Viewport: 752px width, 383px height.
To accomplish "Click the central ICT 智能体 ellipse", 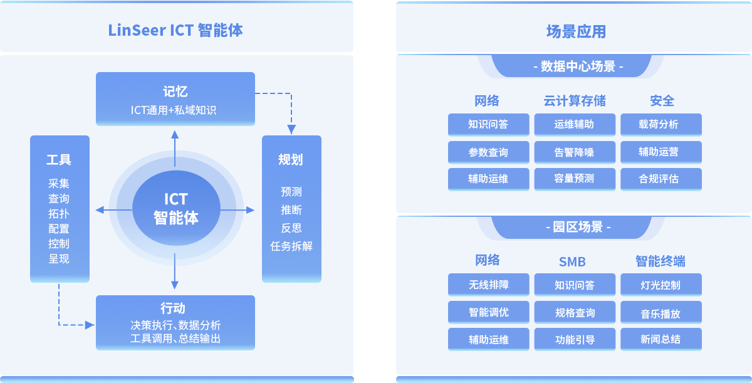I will [x=176, y=208].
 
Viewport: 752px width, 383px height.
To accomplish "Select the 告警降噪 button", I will [x=574, y=152].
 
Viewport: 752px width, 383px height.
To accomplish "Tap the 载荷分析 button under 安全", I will [x=661, y=125].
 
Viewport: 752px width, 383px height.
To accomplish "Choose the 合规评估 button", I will [x=661, y=179].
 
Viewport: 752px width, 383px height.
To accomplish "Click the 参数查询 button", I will [x=488, y=152].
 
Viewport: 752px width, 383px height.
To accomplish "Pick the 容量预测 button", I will [x=574, y=179].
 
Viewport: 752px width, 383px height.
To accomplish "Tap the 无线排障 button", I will [x=488, y=285].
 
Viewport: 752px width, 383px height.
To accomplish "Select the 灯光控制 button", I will [x=661, y=285].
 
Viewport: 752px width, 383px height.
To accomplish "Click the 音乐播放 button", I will [x=661, y=313].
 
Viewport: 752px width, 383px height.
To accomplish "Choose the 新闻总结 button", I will [x=661, y=340].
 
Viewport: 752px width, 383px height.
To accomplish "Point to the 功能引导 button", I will [x=574, y=340].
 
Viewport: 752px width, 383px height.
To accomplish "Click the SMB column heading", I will [x=572, y=261].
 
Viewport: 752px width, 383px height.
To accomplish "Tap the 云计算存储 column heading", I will [x=575, y=101].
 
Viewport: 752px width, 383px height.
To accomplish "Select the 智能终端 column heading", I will [x=661, y=261].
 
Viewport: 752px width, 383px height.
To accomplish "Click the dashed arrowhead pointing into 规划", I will [x=291, y=130].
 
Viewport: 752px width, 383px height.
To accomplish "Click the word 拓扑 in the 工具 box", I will [x=59, y=214].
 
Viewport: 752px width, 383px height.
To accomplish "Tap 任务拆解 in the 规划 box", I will [x=291, y=246].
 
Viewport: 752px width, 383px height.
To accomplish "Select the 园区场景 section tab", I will [x=577, y=227].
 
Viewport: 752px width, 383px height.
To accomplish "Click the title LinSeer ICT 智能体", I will [x=175, y=30].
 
